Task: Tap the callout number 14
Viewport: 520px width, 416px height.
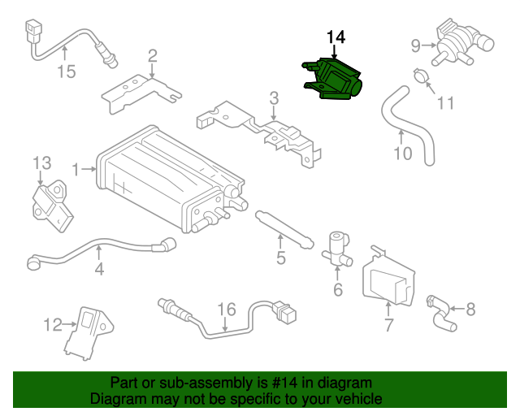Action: (x=336, y=37)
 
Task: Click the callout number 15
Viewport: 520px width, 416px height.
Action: (x=66, y=71)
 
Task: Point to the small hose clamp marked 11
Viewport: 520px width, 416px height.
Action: (x=419, y=77)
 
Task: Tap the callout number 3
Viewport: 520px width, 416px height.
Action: (x=275, y=98)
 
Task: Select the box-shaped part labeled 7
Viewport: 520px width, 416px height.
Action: (x=388, y=276)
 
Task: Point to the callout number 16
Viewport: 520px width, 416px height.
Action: (x=226, y=309)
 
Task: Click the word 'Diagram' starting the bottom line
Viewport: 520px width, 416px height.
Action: (x=117, y=399)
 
